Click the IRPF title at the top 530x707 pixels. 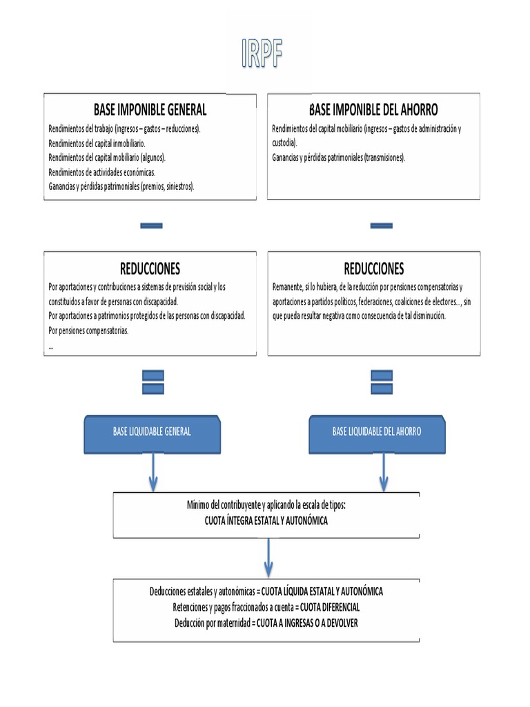(262, 54)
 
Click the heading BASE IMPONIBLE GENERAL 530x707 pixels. (150, 110)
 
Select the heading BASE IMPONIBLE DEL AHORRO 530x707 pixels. (373, 110)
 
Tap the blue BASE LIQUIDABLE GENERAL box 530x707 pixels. (152, 432)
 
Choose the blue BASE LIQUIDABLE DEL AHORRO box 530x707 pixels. (377, 432)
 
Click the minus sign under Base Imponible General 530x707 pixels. (151, 225)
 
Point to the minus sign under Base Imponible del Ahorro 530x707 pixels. (381, 225)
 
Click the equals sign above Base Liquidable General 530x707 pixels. (153, 382)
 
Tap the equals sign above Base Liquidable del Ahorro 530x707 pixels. (382, 382)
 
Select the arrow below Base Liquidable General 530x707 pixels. (153, 472)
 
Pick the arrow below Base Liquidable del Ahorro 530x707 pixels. (384, 472)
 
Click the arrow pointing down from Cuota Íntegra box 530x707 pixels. (268, 558)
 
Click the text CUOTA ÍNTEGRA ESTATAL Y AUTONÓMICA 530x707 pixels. (266, 521)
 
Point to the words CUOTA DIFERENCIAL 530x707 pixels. (330, 608)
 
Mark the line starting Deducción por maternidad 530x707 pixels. (266, 623)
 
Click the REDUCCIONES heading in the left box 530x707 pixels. (150, 268)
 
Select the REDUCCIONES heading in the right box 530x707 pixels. (373, 268)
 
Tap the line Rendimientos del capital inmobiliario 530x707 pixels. (97, 143)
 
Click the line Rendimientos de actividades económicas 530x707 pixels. (102, 172)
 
